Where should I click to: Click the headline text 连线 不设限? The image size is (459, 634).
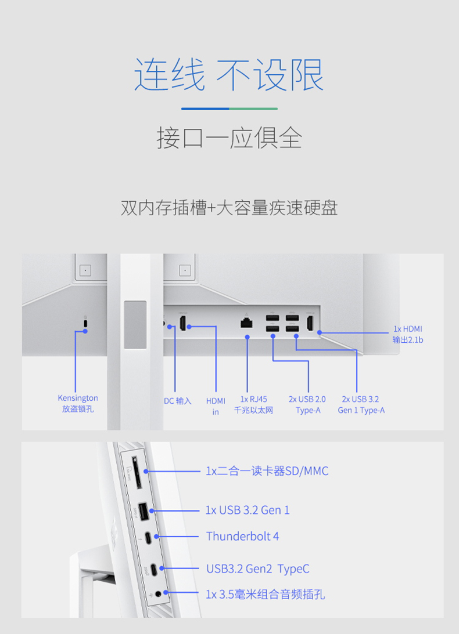pos(229,74)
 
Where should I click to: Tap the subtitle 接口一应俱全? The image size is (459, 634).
pos(229,138)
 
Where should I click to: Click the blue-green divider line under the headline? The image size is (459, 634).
pos(229,108)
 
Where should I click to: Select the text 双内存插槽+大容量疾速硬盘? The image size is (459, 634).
pos(229,208)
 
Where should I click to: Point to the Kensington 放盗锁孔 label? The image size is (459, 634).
pos(78,404)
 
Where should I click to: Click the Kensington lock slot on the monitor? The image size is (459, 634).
pos(85,323)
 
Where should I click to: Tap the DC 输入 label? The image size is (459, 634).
pos(177,401)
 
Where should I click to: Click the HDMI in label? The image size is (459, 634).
pos(216,406)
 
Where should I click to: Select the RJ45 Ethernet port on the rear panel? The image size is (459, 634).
pos(246,323)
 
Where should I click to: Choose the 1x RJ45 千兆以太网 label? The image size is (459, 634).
pos(253,404)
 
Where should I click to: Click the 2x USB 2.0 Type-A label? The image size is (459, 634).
pos(307,404)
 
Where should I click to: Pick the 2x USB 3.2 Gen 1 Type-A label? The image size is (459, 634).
pos(361,404)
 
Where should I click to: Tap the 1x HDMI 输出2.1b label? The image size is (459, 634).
pos(407,335)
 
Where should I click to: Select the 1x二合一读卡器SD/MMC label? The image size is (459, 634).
pos(267,471)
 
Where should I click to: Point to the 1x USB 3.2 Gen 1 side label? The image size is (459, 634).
pos(247,510)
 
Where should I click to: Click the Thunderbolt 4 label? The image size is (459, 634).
pos(242,537)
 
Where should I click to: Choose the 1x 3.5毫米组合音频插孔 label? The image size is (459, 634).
pos(265,595)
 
